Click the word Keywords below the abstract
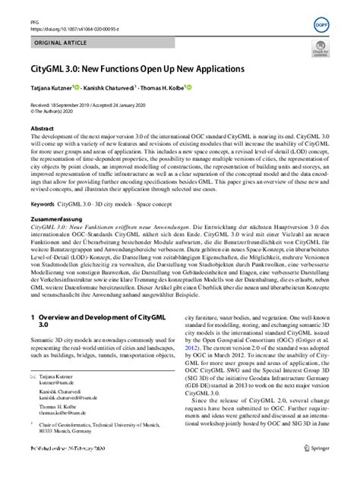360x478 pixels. tap(43, 204)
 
